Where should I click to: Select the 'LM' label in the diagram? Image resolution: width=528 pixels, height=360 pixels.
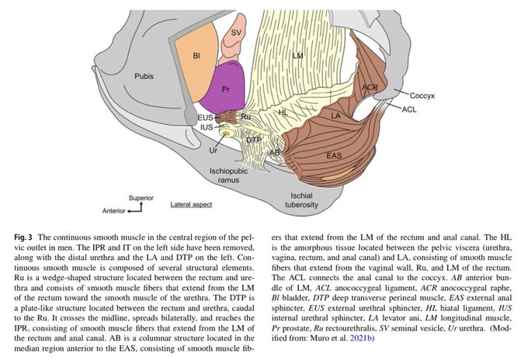(297, 56)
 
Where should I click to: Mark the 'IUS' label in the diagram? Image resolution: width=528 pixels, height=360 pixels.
(206, 126)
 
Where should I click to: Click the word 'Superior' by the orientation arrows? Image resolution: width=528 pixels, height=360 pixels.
(142, 198)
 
